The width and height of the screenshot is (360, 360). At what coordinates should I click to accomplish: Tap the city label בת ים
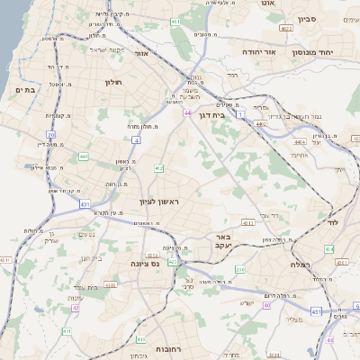pyautogui.click(x=24, y=90)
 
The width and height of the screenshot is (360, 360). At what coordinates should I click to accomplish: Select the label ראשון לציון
pyautogui.click(x=160, y=202)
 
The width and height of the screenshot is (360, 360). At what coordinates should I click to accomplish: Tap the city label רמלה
pyautogui.click(x=301, y=265)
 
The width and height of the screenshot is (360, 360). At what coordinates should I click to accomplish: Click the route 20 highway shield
pyautogui.click(x=51, y=134)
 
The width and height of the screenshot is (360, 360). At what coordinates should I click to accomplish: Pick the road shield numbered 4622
pyautogui.click(x=286, y=29)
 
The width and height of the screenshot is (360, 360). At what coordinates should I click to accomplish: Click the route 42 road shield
pyautogui.click(x=76, y=308)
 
